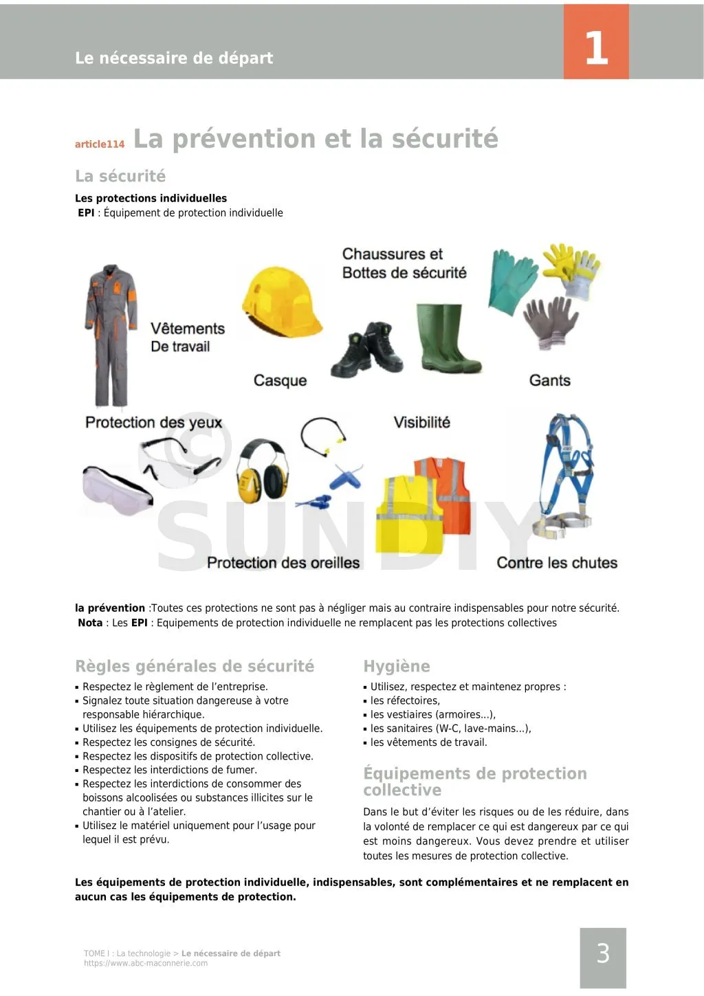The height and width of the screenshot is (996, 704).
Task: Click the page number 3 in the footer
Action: [603, 953]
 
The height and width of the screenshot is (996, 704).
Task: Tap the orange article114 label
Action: [100, 144]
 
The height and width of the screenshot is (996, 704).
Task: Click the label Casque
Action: [280, 381]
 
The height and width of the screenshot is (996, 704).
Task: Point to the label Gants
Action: [549, 381]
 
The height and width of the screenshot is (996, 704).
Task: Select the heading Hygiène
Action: [397, 666]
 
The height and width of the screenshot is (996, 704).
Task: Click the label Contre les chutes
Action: [557, 563]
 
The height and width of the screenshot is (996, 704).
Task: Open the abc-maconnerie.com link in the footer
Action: [146, 964]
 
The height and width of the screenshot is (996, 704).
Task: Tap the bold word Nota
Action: [90, 623]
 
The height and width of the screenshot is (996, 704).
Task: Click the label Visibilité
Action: [421, 423]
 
